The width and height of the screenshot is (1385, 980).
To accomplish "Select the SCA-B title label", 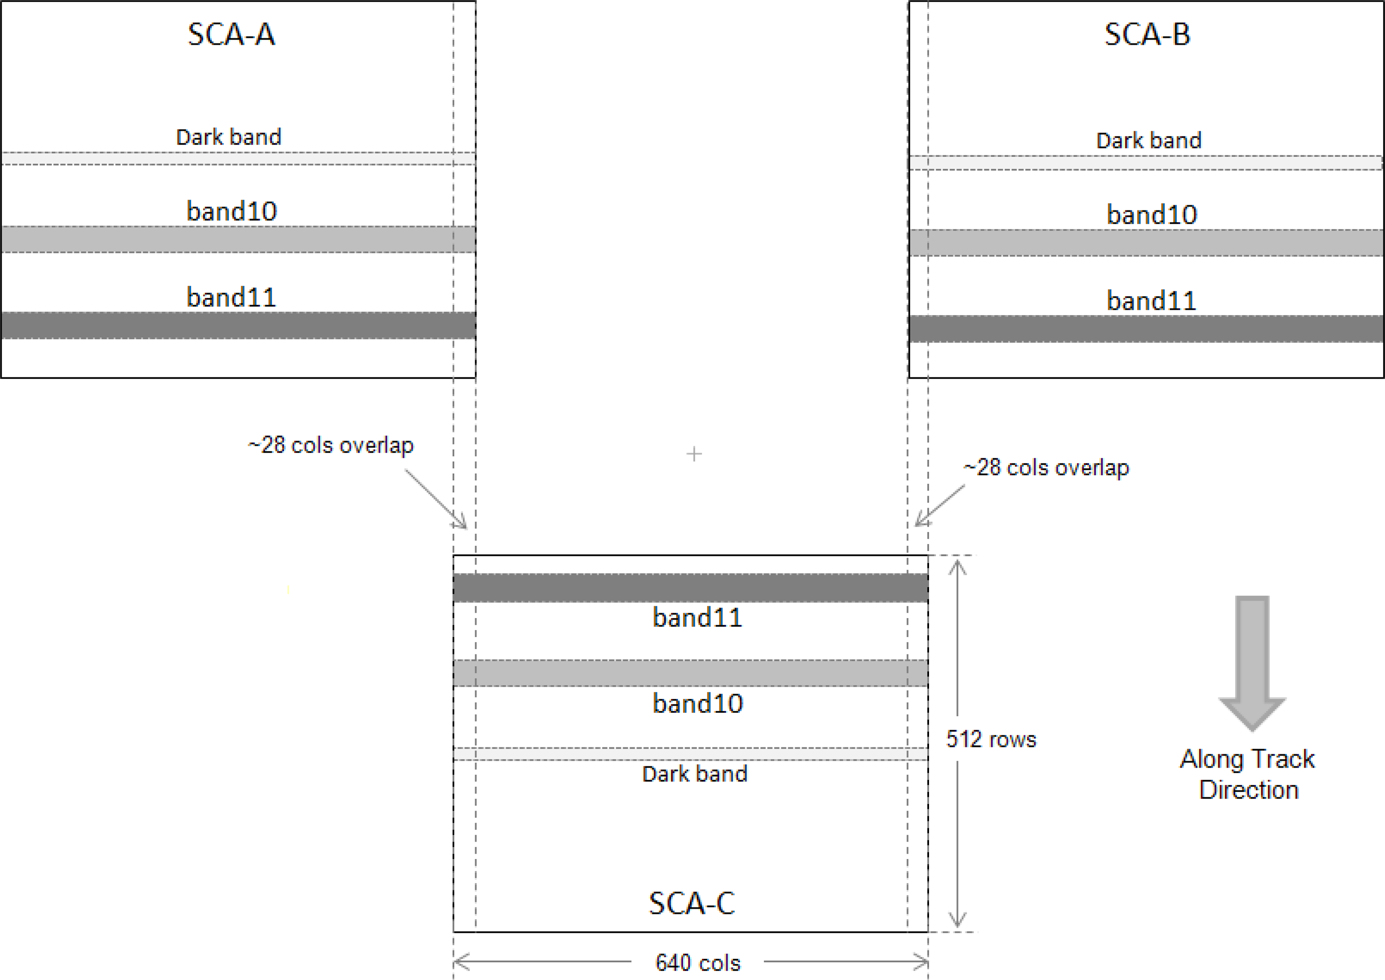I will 1147,34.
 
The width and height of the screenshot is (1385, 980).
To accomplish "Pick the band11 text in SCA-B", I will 1151,300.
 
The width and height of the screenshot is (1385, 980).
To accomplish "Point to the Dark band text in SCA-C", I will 694,774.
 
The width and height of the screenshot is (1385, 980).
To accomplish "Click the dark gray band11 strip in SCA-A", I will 238,325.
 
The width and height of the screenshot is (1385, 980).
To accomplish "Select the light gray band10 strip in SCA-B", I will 1146,243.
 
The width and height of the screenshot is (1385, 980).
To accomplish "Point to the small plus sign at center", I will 694,454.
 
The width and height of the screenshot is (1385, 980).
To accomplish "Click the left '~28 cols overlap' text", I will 331,445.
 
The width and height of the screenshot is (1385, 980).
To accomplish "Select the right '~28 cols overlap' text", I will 1046,468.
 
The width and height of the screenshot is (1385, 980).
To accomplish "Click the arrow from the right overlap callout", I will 939,506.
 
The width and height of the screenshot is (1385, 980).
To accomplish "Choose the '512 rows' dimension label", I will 991,739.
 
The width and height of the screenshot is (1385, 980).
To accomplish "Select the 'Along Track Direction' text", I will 1247,774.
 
